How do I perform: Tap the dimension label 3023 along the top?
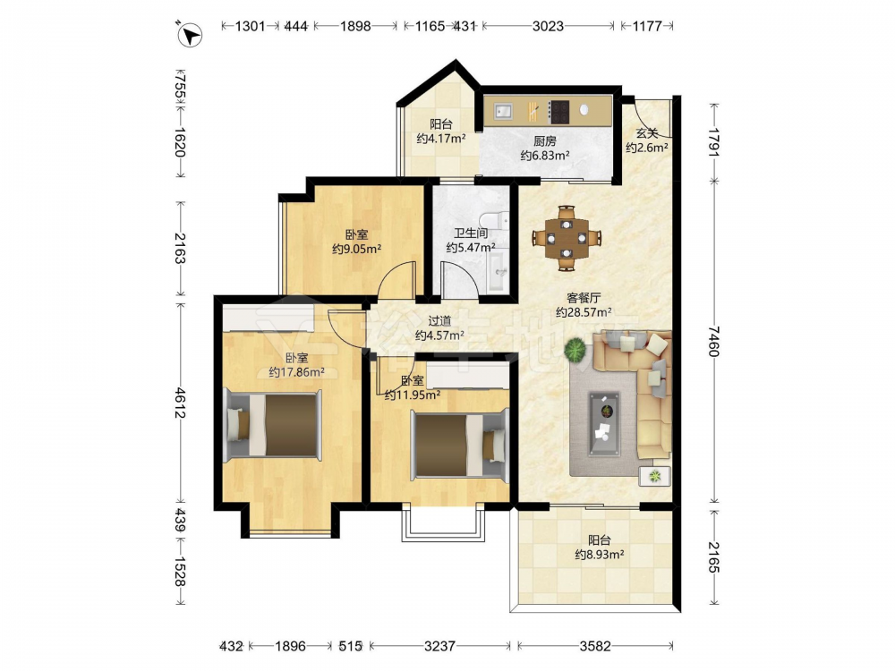tap(548, 26)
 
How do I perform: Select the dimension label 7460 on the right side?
tap(714, 341)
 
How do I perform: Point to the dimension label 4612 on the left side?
tap(181, 403)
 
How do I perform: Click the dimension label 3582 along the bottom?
tap(595, 646)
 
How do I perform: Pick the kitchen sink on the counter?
tap(504, 111)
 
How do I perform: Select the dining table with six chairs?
tap(567, 237)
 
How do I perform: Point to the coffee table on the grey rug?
tap(604, 423)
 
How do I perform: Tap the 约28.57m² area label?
tap(584, 312)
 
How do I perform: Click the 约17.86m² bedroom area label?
tap(297, 372)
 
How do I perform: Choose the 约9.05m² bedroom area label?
tap(357, 249)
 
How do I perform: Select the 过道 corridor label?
tap(439, 321)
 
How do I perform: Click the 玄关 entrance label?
tap(647, 133)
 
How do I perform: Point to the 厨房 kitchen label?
tap(544, 141)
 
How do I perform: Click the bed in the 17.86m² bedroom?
tap(273, 425)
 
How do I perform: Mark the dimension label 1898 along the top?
tap(355, 26)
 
